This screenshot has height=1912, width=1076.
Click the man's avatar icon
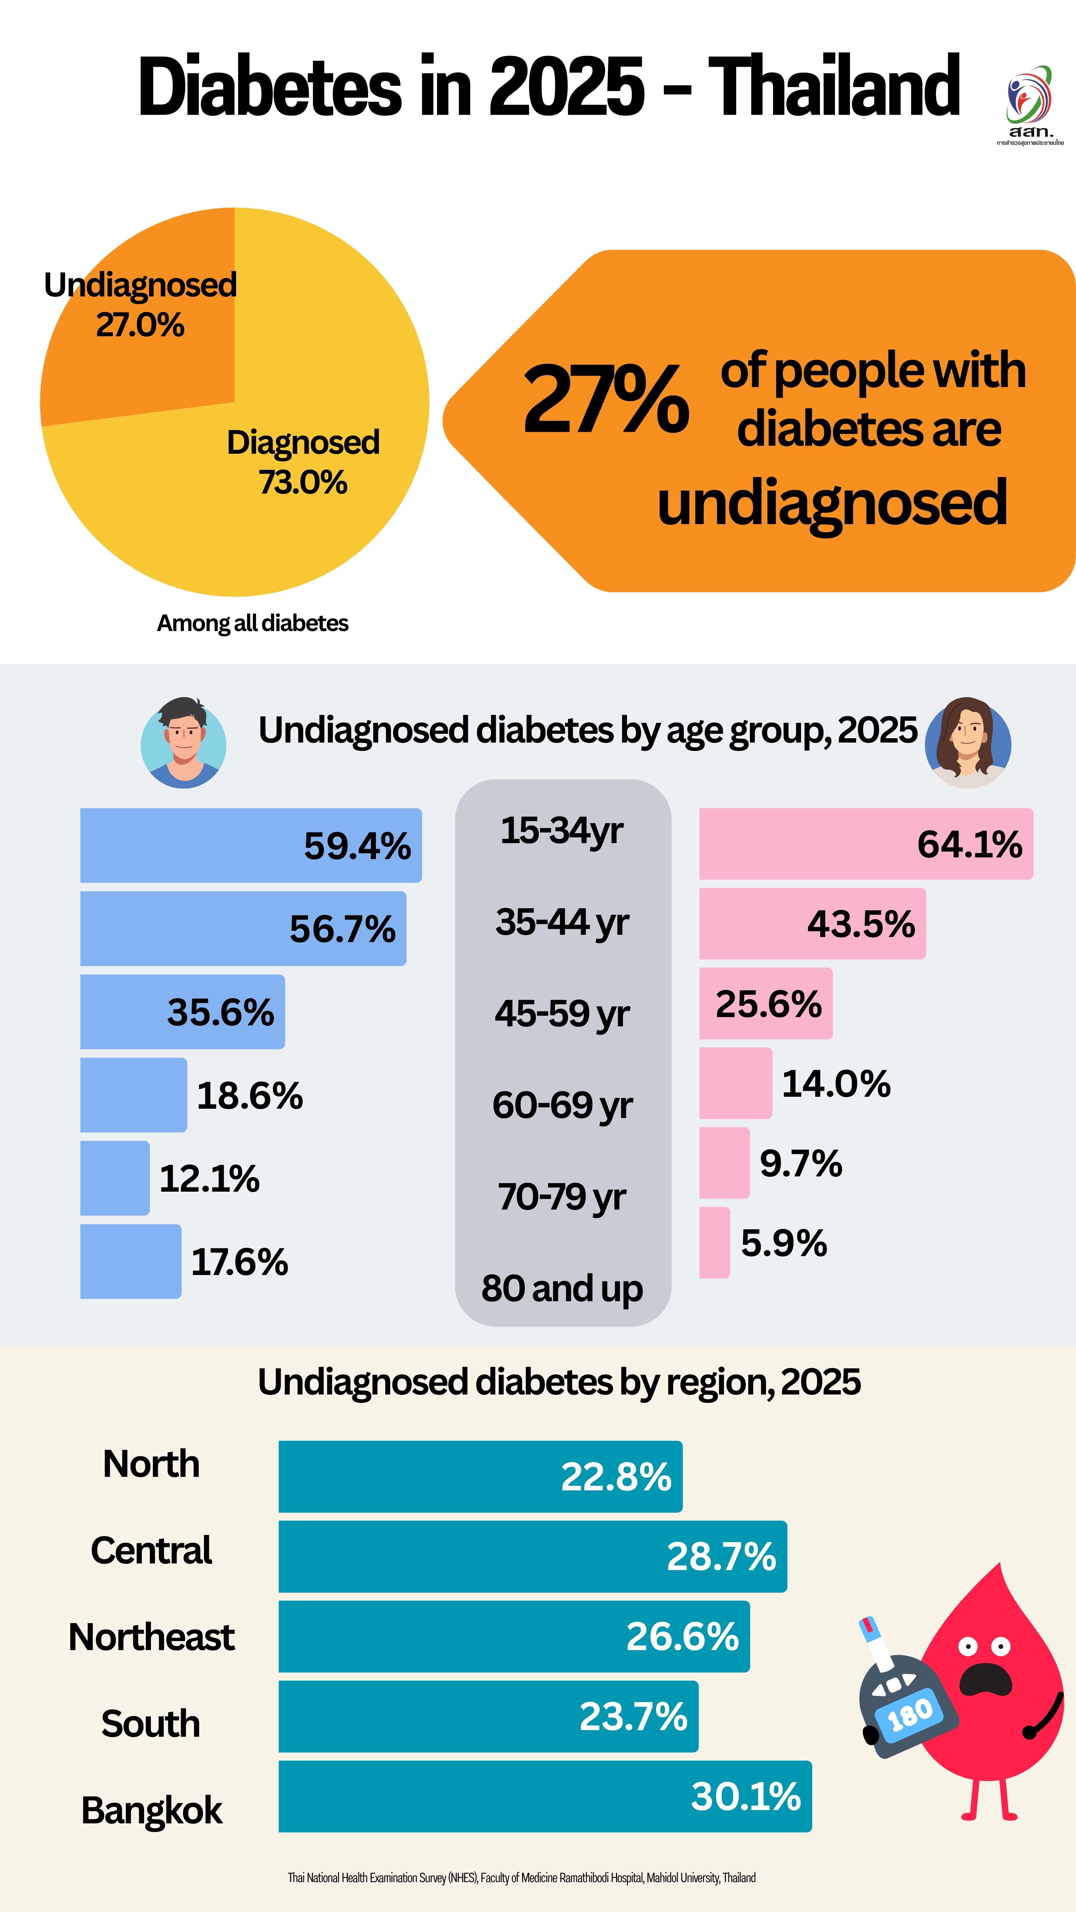click(183, 742)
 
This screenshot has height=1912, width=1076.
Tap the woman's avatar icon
click(968, 742)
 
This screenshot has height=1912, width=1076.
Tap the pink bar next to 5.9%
click(714, 1242)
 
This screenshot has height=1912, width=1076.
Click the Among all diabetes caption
click(252, 623)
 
